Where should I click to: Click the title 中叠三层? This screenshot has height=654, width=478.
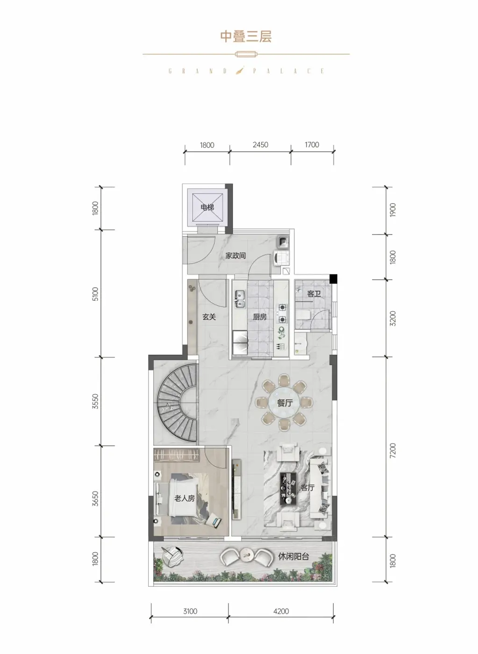(x=246, y=36)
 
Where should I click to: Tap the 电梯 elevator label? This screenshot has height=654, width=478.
(x=207, y=207)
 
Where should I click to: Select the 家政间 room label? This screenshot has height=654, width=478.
(x=235, y=256)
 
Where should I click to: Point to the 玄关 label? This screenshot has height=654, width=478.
(x=209, y=317)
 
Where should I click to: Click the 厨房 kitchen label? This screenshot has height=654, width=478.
(x=260, y=317)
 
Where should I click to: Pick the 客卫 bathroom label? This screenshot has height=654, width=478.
(x=314, y=294)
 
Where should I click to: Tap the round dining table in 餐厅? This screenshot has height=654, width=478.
(x=284, y=403)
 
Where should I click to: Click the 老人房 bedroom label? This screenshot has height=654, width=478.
(x=185, y=498)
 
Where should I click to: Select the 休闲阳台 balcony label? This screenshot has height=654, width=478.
(x=293, y=556)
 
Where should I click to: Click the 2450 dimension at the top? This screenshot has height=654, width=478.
(x=260, y=144)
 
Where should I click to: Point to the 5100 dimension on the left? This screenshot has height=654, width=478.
(x=95, y=294)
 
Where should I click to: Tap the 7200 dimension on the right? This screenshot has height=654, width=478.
(x=393, y=450)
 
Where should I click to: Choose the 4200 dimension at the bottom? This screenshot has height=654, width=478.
(x=281, y=611)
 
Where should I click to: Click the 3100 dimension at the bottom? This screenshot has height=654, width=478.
(x=190, y=611)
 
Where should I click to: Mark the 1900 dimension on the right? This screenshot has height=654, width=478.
(x=393, y=210)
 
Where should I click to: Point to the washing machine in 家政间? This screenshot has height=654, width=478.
(x=281, y=258)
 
